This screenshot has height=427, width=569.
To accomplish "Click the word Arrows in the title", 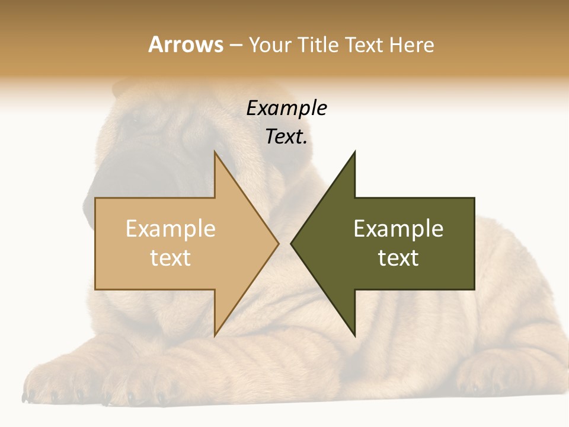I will click(x=186, y=44).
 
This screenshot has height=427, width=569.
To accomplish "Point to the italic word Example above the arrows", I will click(x=286, y=108).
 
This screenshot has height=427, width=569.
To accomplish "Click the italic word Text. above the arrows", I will click(x=286, y=137).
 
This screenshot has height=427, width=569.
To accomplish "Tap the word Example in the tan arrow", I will click(x=171, y=229).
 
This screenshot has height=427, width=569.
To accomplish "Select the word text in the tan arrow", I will click(x=171, y=258).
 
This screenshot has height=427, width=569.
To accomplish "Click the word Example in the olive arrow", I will click(x=398, y=229).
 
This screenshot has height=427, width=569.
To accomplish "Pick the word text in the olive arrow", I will click(x=398, y=258).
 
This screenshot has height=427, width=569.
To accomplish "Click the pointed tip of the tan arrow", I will click(x=278, y=243).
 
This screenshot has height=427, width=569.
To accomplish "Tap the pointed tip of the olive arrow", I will click(x=292, y=243).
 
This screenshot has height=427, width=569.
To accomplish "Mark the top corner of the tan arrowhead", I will click(x=215, y=152).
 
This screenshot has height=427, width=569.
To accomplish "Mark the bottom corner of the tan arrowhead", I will click(x=215, y=335).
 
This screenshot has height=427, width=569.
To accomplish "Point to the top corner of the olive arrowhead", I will click(x=354, y=152).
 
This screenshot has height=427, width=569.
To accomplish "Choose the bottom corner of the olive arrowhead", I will click(x=354, y=335).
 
